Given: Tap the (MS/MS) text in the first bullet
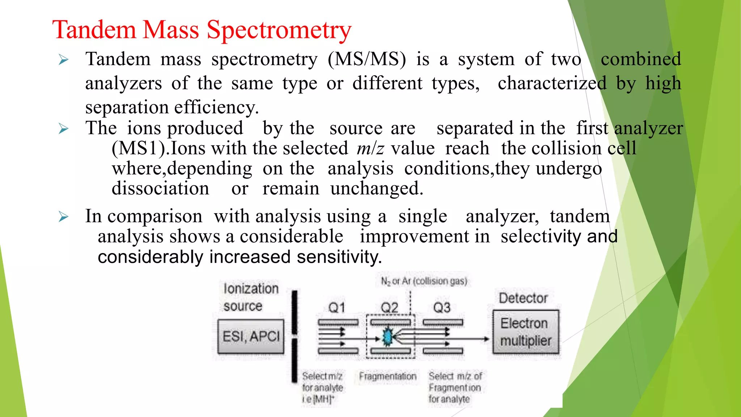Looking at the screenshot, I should pyautogui.click(x=367, y=59).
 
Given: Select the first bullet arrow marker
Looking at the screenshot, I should pyautogui.click(x=64, y=60).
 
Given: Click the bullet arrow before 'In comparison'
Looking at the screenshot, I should pyautogui.click(x=64, y=217).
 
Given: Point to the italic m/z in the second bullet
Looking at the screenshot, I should pyautogui.click(x=370, y=148).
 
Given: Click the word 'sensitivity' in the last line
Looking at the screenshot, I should pyautogui.click(x=339, y=257).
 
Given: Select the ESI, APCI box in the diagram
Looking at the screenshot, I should pyautogui.click(x=251, y=337).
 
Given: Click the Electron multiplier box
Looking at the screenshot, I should pyautogui.click(x=525, y=332).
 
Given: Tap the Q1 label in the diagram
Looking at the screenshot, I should pyautogui.click(x=336, y=308).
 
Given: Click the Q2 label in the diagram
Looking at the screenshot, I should pyautogui.click(x=389, y=308).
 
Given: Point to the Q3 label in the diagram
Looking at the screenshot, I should pyautogui.click(x=442, y=308).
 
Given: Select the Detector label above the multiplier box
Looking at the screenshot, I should pyautogui.click(x=523, y=298).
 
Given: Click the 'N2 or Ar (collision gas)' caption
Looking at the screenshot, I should pyautogui.click(x=424, y=281).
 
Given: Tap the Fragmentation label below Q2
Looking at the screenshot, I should pyautogui.click(x=388, y=376).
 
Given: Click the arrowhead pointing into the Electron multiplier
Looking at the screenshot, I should pyautogui.click(x=487, y=339).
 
